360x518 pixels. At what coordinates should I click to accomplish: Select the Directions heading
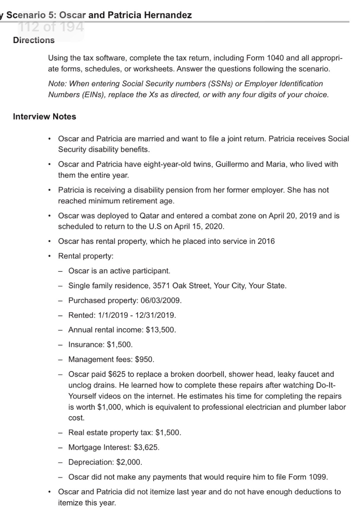(x=33, y=40)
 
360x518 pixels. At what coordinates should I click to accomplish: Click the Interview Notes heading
(x=45, y=116)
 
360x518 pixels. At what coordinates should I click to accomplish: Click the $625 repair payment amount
(x=114, y=375)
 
